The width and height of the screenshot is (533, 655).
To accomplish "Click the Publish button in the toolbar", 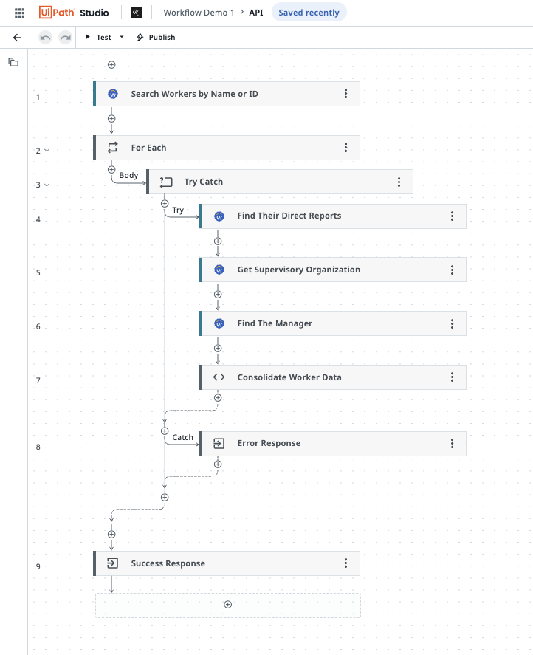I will tap(156, 37).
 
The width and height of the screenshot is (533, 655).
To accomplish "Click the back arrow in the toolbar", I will tap(18, 37).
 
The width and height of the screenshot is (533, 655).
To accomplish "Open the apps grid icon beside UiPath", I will tap(20, 13).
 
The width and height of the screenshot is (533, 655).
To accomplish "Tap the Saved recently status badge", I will tap(309, 13).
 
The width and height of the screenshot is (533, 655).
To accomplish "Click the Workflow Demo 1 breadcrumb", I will tap(199, 13).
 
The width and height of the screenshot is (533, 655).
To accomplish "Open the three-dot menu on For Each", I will tap(345, 148).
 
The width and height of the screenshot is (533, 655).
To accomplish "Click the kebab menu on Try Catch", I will tap(399, 182).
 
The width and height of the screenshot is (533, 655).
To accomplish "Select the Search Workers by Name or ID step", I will tap(194, 94).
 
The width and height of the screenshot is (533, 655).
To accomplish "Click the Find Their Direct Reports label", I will tap(289, 216).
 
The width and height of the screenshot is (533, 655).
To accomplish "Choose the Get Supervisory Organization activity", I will tap(298, 270).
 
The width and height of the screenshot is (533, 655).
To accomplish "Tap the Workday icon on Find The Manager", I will tap(219, 323).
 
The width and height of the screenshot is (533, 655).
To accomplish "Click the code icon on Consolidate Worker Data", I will tap(219, 377).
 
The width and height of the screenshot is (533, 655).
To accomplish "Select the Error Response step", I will tap(269, 443).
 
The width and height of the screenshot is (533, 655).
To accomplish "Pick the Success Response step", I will tap(168, 563).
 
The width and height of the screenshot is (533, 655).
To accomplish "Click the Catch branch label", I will tap(182, 437).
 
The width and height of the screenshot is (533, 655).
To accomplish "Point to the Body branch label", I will tap(128, 175).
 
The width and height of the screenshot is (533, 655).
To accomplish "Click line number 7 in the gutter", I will tap(38, 380).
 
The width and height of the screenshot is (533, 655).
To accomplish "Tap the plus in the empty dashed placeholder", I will tap(227, 605).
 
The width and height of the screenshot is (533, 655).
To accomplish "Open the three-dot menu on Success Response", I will tap(345, 563).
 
